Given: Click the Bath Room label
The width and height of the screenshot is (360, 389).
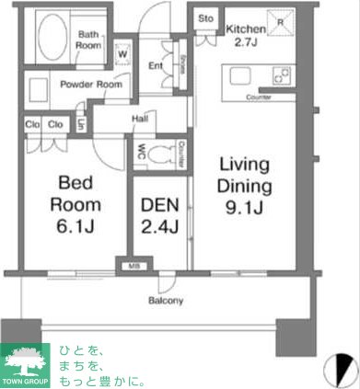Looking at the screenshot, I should point(88,39).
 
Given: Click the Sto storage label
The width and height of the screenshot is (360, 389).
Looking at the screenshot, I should point(206,17).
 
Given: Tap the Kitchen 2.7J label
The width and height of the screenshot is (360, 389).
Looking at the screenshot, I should point(246,35).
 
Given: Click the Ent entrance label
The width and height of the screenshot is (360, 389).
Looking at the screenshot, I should point(155,64).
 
